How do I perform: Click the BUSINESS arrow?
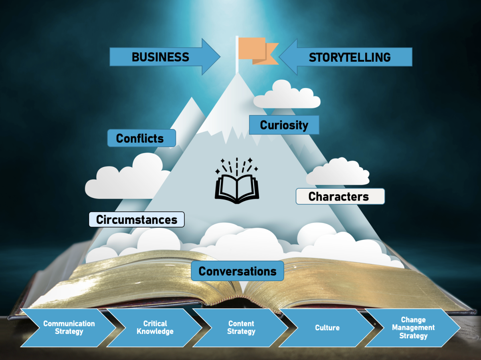coord(165,57)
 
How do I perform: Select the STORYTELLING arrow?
coord(346,57)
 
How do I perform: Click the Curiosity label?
coord(284,125)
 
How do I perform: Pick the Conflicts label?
coord(141,138)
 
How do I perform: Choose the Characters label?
coord(340,196)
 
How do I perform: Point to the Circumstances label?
coord(137,219)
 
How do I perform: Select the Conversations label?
coord(238,271)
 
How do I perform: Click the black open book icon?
coord(237,180)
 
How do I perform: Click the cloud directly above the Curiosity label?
coord(287,95)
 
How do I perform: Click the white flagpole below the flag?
coord(237,55)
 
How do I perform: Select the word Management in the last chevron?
coord(413,328)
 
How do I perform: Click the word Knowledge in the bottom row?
coord(155,332)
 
